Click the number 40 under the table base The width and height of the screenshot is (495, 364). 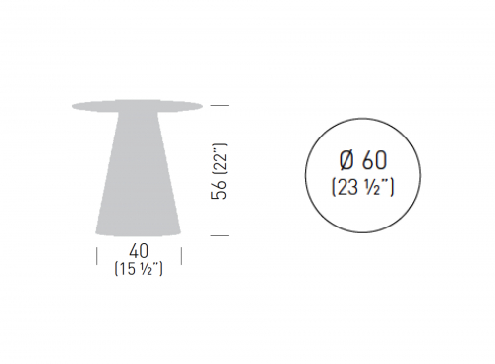[x=139, y=251]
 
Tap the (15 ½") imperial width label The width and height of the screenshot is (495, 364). [x=139, y=269]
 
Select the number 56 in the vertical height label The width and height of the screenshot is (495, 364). [x=219, y=189]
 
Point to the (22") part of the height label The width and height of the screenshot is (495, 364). [x=219, y=158]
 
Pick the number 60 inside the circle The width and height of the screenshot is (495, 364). [x=374, y=160]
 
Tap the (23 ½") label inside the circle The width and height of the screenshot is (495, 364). [x=362, y=188]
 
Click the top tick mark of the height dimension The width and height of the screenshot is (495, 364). [x=220, y=105]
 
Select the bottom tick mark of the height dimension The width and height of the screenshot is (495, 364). [x=220, y=235]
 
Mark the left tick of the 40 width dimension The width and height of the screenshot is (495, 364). [x=97, y=256]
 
